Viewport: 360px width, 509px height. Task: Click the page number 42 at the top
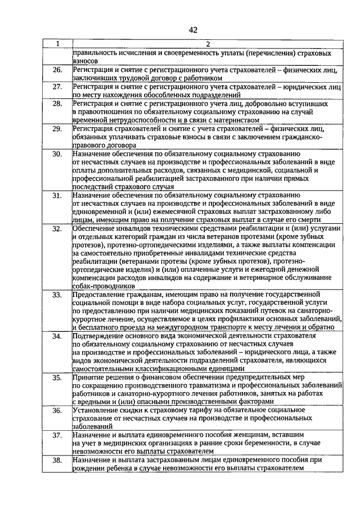pos(193,29)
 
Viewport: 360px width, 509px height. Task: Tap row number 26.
pos(57,70)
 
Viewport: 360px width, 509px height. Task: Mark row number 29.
pos(57,129)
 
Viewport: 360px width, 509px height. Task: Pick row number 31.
pos(57,195)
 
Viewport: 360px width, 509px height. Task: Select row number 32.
pos(57,228)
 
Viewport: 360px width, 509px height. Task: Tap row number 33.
pos(57,294)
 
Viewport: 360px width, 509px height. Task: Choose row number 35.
pos(57,377)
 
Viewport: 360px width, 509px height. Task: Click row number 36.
pos(57,411)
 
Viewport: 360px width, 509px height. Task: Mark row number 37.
pos(57,435)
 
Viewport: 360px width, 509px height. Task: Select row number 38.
pos(57,460)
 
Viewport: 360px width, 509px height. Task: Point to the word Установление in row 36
pos(96,410)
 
